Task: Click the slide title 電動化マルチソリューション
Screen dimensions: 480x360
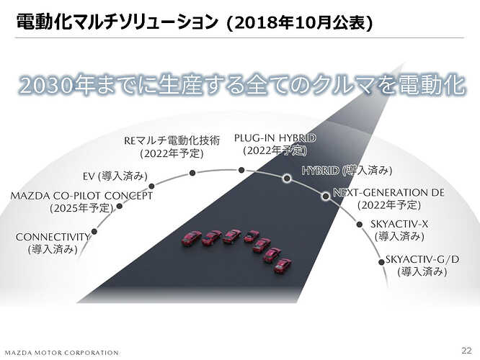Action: tap(117, 22)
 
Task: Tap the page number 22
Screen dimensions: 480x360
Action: tap(466, 350)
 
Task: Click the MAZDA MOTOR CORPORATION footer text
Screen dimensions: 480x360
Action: tap(62, 353)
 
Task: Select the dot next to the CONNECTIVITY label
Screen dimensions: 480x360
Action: tap(94, 232)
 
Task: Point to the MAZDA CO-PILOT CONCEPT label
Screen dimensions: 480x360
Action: tap(81, 196)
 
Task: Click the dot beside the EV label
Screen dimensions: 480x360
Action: tap(151, 186)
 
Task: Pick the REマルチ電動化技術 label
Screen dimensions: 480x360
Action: tap(172, 140)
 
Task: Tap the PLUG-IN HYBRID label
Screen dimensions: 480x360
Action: tap(275, 138)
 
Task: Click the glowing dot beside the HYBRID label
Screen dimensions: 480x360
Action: tap(287, 178)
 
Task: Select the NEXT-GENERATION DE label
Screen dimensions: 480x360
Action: tap(388, 192)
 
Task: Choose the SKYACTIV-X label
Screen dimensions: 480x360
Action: tap(399, 224)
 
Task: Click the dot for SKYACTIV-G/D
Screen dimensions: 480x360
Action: tap(381, 262)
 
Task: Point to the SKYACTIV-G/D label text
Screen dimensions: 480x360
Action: tap(422, 259)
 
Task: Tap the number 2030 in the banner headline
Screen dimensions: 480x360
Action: tap(47, 85)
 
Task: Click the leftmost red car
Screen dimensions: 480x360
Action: tap(191, 238)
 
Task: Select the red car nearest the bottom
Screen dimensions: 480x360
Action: tap(283, 266)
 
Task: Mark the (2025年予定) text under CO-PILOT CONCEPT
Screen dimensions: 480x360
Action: tap(81, 208)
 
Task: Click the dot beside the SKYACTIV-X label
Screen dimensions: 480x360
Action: tap(360, 225)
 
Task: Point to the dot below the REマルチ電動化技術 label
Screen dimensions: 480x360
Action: tap(192, 173)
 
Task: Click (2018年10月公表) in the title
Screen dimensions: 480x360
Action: tap(298, 22)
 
